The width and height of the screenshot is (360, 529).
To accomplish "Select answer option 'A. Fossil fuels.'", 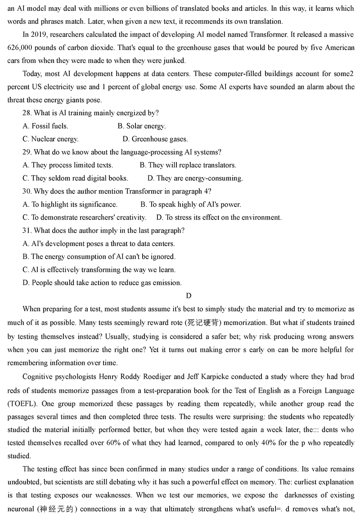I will click(x=45, y=126).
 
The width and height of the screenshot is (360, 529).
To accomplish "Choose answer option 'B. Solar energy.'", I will click(x=141, y=126).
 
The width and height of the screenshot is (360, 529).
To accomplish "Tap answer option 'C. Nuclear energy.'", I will click(x=50, y=139).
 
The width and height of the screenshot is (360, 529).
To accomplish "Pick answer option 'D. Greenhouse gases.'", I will click(x=155, y=139).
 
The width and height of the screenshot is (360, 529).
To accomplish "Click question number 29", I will click(x=27, y=152).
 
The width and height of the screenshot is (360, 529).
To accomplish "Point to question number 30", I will click(x=27, y=192).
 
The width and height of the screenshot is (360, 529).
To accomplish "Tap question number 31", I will click(x=27, y=231).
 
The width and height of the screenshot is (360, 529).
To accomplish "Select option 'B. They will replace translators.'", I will click(x=188, y=166).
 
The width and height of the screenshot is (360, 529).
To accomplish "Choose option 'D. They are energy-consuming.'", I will click(x=195, y=179).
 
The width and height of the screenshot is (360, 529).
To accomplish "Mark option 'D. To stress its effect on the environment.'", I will click(x=219, y=218).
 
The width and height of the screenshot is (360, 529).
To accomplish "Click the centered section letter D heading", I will click(x=189, y=296).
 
